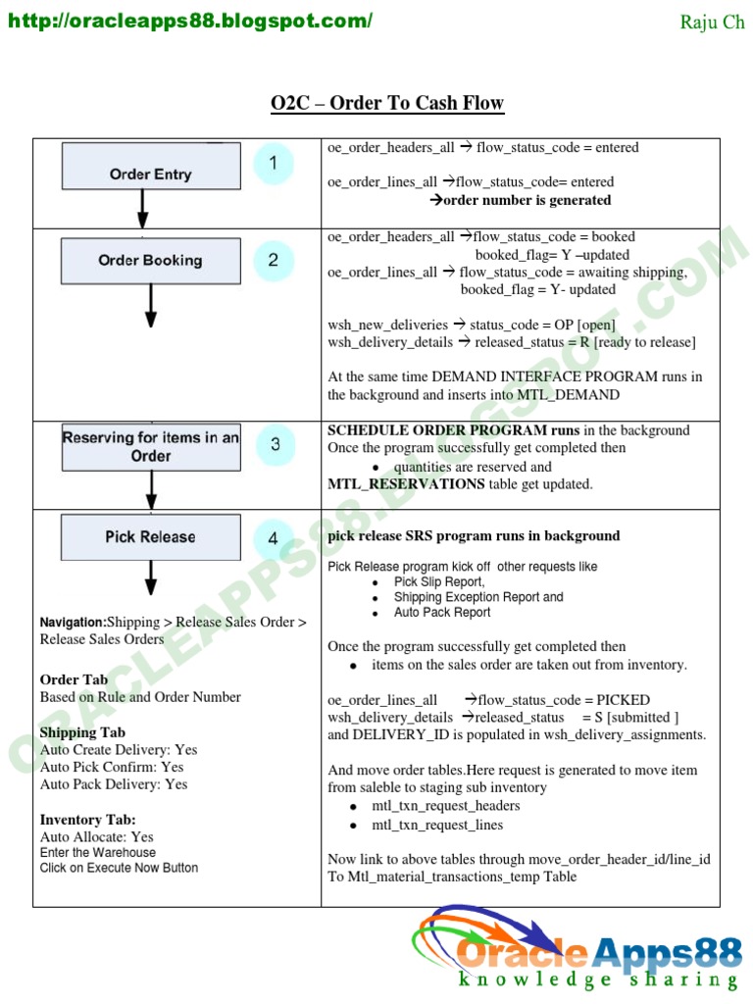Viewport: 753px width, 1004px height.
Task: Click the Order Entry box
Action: click(x=151, y=166)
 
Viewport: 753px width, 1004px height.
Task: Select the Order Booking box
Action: click(x=151, y=261)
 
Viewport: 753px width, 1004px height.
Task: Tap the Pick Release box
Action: click(x=151, y=537)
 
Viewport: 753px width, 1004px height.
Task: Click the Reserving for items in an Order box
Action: click(x=151, y=447)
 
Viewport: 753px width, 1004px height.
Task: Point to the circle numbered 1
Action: click(x=274, y=164)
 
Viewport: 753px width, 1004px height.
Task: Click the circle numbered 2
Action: click(x=274, y=260)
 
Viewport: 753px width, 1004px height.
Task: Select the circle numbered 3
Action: click(x=275, y=444)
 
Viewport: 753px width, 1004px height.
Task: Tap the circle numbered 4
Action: click(x=274, y=538)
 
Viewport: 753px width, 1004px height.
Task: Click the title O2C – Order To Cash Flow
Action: click(x=387, y=103)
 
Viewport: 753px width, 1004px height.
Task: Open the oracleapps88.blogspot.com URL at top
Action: click(x=191, y=21)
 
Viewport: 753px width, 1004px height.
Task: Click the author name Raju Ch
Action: click(x=713, y=23)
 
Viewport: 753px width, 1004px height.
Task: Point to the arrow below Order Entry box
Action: click(x=143, y=208)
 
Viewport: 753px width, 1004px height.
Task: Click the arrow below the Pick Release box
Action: click(x=151, y=577)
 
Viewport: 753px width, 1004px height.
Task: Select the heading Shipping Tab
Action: click(x=82, y=732)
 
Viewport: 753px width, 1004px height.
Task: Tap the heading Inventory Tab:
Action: click(x=88, y=820)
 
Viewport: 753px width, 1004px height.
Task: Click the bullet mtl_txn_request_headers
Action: click(x=446, y=806)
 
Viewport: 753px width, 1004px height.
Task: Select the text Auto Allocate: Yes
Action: click(x=97, y=837)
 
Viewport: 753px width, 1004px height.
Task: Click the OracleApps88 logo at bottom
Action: click(x=577, y=951)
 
